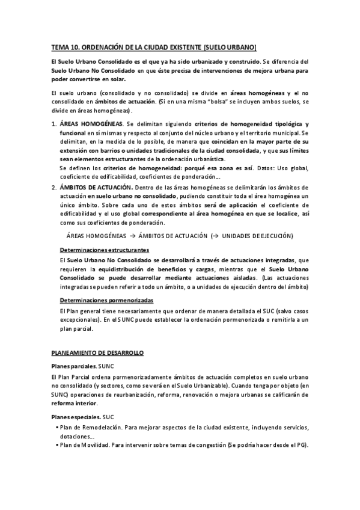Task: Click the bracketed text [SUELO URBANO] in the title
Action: click(230, 46)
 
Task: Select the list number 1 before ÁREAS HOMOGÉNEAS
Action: click(54, 123)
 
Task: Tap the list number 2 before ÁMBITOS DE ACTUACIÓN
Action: click(54, 188)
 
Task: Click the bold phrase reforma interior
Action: click(75, 404)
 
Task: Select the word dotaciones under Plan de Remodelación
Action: click(75, 436)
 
